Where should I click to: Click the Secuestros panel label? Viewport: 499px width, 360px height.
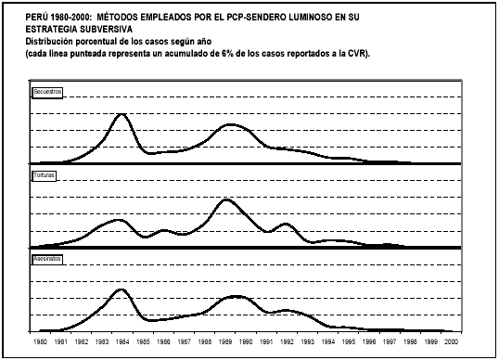point(48,93)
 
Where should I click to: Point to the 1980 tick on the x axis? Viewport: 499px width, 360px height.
point(40,342)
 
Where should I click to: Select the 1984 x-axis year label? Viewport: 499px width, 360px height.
point(121,342)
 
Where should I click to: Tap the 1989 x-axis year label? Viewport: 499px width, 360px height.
point(224,342)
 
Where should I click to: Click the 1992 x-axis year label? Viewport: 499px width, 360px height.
point(285,342)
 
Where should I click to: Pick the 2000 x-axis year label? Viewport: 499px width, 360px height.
point(449,342)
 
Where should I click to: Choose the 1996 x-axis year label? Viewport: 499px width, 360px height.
point(367,342)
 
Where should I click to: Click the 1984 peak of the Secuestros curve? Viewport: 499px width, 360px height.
point(122,114)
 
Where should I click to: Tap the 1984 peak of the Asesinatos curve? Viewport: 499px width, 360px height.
point(122,289)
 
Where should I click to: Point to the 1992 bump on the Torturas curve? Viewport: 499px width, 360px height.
point(285,224)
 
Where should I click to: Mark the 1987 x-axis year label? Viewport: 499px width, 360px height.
point(183,342)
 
